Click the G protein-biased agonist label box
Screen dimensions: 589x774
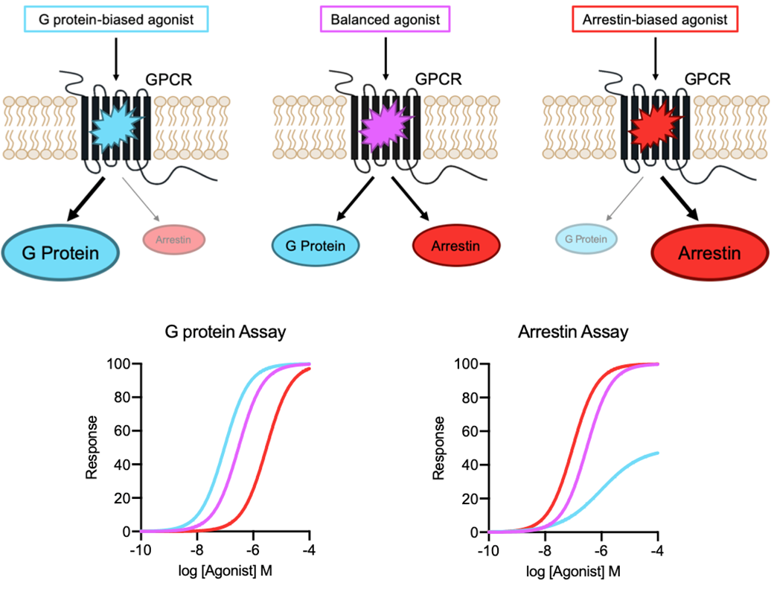click(x=116, y=19)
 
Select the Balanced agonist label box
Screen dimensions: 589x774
click(x=385, y=19)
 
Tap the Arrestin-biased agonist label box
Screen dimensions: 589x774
click(x=654, y=19)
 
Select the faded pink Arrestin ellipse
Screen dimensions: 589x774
click(x=173, y=240)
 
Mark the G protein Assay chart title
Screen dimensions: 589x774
click(x=225, y=332)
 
